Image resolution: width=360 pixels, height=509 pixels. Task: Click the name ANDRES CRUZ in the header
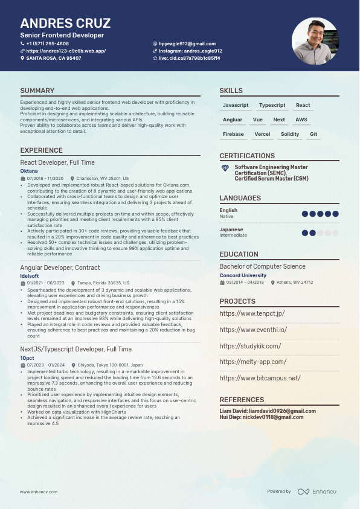[x=65, y=24]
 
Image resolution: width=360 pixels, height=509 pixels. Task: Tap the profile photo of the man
[x=315, y=41]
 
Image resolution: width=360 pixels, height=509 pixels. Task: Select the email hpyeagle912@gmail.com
[x=187, y=43]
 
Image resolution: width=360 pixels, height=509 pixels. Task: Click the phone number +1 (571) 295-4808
[x=47, y=43]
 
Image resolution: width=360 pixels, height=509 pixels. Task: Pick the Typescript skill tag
[x=272, y=105]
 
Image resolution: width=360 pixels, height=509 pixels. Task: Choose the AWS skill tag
[x=301, y=120]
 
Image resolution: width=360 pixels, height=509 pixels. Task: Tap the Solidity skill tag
[x=290, y=134]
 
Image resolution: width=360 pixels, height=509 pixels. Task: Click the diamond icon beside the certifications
[x=225, y=167]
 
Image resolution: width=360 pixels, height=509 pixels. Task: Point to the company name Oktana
[x=29, y=171]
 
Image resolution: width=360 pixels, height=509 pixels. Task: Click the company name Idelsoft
[x=30, y=275]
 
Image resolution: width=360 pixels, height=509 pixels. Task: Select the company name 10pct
[x=27, y=357]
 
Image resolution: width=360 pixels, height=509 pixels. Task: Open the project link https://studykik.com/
[x=250, y=346]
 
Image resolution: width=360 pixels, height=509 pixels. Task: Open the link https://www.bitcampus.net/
[x=260, y=378]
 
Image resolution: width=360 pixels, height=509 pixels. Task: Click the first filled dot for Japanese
[x=304, y=232]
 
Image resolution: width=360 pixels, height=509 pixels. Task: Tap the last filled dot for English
[x=335, y=213]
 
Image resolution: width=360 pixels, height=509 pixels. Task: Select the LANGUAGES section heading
[x=240, y=198]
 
